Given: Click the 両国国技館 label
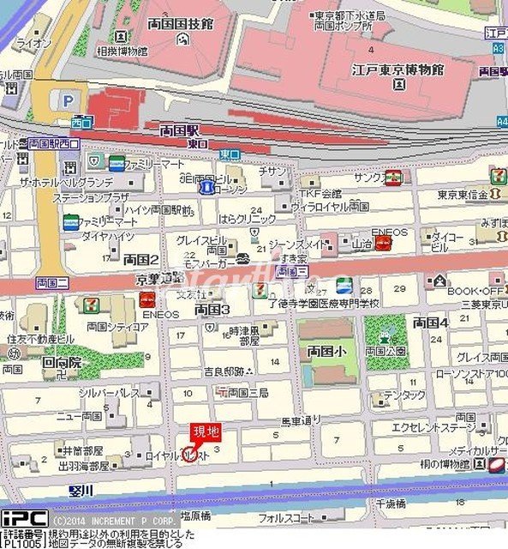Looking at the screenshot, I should pos(180,24).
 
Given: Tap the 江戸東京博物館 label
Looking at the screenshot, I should pos(395,68).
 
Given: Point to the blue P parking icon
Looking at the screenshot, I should pos(67,101).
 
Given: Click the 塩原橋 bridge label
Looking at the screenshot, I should pos(196,516).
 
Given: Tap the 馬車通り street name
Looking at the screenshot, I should pos(301,420).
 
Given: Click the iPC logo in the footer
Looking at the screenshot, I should pos(24,519).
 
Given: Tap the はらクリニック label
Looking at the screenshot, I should pos(248,219).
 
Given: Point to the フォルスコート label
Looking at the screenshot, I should pos(286,518).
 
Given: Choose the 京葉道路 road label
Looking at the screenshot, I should pos(159,277).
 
